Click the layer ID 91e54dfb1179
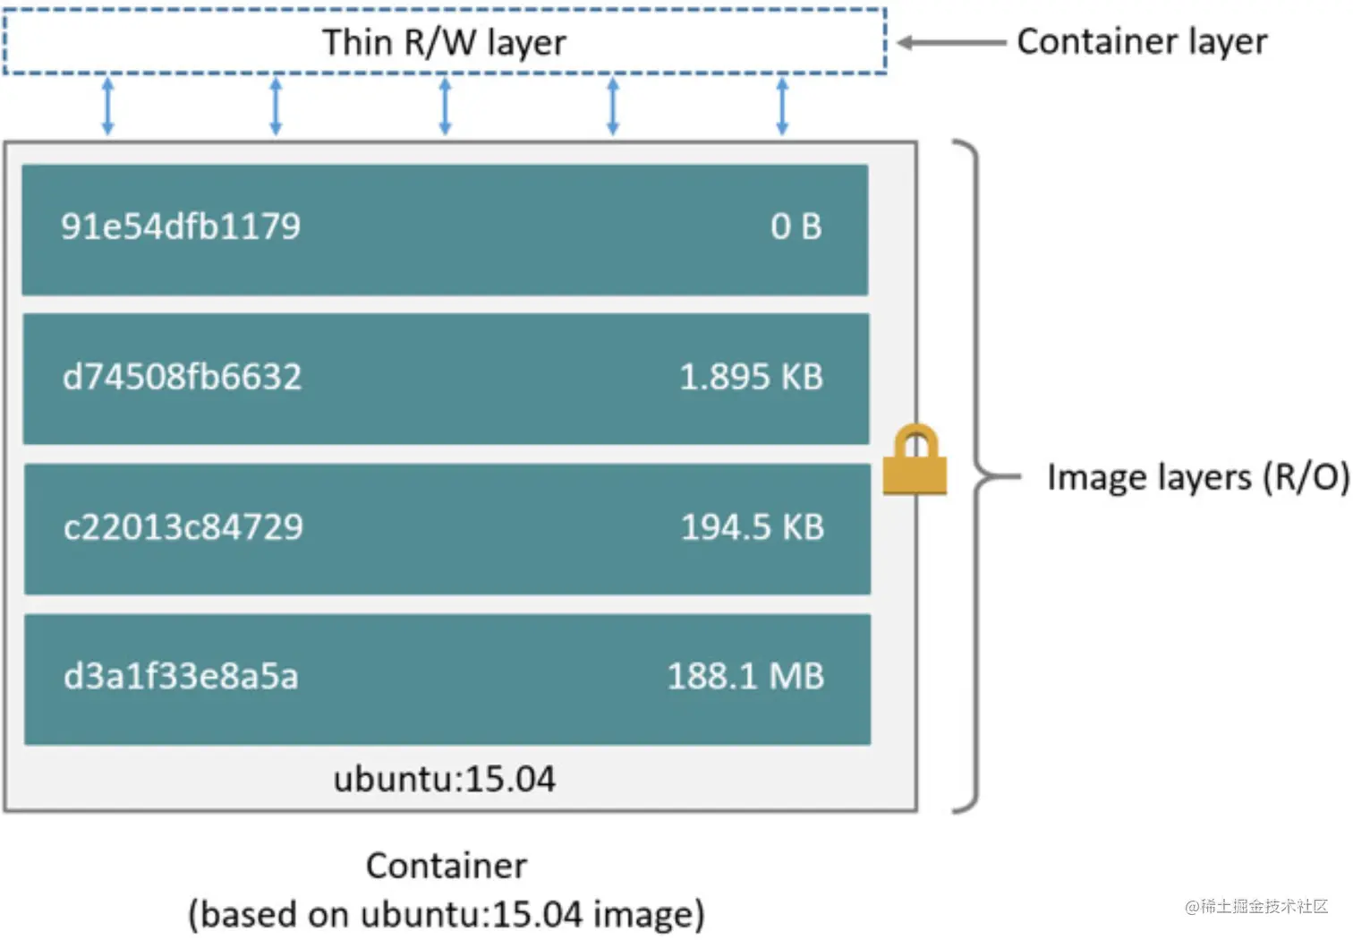click(x=181, y=226)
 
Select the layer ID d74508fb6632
click(x=182, y=377)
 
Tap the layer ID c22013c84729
click(x=183, y=526)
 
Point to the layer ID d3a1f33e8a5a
click(x=181, y=676)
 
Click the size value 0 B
click(x=796, y=226)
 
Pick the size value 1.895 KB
click(x=751, y=377)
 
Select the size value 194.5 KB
click(x=752, y=526)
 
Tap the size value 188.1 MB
click(x=745, y=676)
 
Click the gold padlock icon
click(x=915, y=460)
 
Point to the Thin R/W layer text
click(x=444, y=43)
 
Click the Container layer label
click(x=1142, y=42)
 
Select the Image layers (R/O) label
click(x=1197, y=477)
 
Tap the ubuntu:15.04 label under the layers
click(x=444, y=779)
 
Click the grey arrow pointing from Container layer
click(x=951, y=43)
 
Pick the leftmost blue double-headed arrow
click(x=107, y=106)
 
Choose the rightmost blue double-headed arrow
click(x=782, y=106)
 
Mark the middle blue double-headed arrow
click(x=445, y=106)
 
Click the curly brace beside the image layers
click(x=975, y=476)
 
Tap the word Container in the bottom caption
click(x=446, y=866)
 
